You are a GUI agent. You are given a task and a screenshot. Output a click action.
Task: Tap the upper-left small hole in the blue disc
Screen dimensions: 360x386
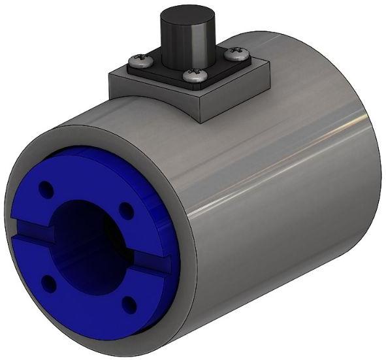[46, 190]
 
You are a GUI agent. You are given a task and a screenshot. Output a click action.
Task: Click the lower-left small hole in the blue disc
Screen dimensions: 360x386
[48, 282]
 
